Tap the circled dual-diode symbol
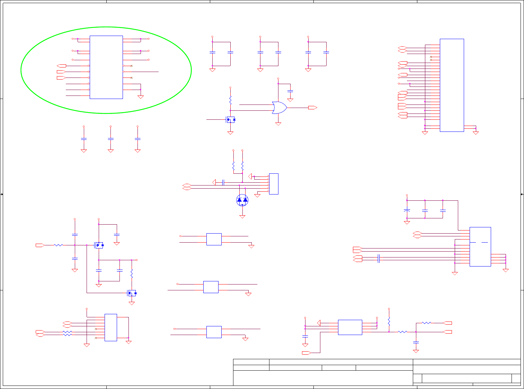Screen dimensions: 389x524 tap(242, 200)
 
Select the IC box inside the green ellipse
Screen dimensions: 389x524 tap(106, 67)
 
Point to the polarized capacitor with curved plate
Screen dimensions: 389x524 tap(407, 210)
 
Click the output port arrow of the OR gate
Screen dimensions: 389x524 tap(312, 108)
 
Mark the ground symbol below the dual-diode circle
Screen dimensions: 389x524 tap(242, 216)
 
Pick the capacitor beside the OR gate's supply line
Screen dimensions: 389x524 tap(290, 91)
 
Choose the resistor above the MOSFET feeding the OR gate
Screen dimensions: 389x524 tap(230, 101)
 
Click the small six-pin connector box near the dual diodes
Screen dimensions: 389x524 tap(274, 184)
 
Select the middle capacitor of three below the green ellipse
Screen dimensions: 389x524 tap(110, 139)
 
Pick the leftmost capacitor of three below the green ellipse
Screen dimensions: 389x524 tap(83, 139)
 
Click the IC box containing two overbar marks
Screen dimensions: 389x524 tap(480, 246)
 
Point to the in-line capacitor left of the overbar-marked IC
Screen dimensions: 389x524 tap(379, 258)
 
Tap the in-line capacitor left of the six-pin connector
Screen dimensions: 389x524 tap(223, 182)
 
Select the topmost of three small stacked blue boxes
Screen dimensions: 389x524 tap(214, 239)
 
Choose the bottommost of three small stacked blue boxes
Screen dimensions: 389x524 tap(214, 332)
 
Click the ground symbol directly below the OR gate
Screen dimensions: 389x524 tap(278, 124)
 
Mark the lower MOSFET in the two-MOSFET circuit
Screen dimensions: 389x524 tap(132, 293)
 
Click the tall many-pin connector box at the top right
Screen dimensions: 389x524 tap(452, 85)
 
